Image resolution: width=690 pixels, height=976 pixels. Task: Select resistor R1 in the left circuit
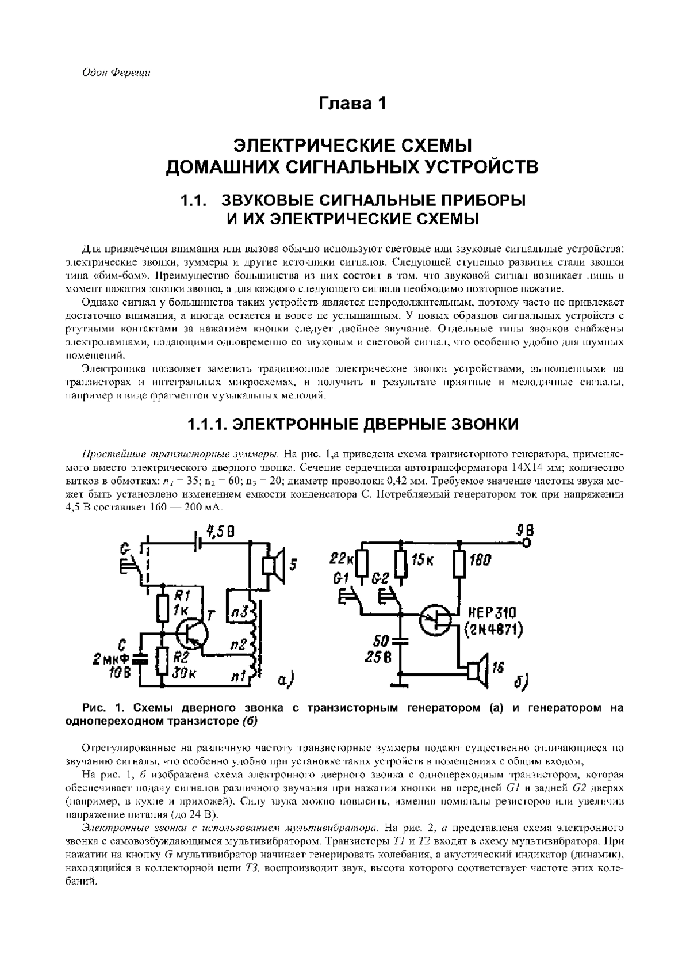tap(163, 609)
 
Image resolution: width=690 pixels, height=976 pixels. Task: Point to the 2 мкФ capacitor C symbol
tap(139, 659)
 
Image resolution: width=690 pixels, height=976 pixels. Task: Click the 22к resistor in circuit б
tap(362, 564)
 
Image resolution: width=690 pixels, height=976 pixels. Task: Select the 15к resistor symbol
tap(401, 564)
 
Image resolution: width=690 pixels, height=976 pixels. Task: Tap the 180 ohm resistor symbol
tap(460, 564)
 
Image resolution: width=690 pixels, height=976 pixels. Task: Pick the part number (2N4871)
tap(492, 631)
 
